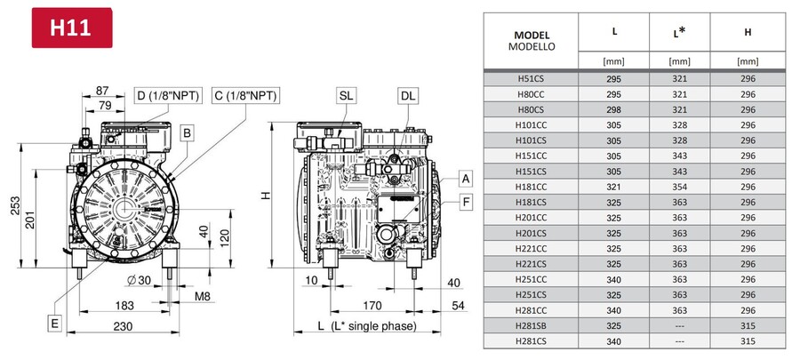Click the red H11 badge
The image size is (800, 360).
72,28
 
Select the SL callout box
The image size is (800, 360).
346,95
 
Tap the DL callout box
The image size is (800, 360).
408,95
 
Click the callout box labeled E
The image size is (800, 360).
54,324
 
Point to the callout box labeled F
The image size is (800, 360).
465,203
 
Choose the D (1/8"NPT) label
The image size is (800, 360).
168,95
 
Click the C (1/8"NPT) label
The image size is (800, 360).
245,95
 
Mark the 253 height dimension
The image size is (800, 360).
14,205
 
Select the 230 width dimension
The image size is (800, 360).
123,326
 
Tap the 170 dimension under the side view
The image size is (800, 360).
372,306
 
